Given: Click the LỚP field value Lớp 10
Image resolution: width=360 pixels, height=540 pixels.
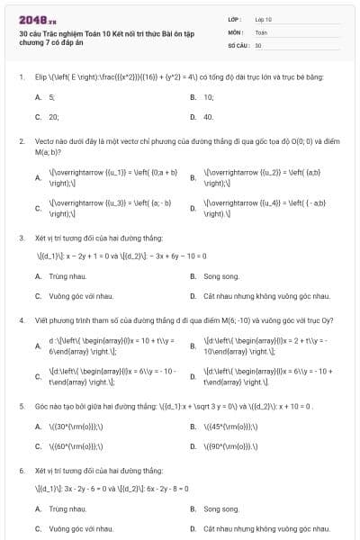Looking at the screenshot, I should click(264, 18).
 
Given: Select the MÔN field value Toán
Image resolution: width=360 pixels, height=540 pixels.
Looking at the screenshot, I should click(261, 31).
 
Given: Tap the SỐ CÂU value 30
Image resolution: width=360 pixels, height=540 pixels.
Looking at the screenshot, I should click(258, 44).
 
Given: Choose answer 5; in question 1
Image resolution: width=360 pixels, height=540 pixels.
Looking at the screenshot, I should click(52, 96).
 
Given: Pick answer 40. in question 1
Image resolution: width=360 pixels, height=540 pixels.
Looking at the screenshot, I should click(209, 116).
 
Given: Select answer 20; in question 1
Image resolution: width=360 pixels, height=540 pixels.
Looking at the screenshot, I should click(54, 116).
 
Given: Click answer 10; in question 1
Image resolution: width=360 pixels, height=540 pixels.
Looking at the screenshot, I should click(209, 96).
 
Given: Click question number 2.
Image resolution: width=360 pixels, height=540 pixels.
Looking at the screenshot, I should click(21, 141).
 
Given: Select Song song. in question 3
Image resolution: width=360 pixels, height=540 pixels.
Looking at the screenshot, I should click(221, 275).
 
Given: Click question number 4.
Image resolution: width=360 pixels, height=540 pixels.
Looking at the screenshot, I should click(21, 319).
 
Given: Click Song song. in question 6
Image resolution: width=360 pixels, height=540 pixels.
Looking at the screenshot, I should click(221, 508).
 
